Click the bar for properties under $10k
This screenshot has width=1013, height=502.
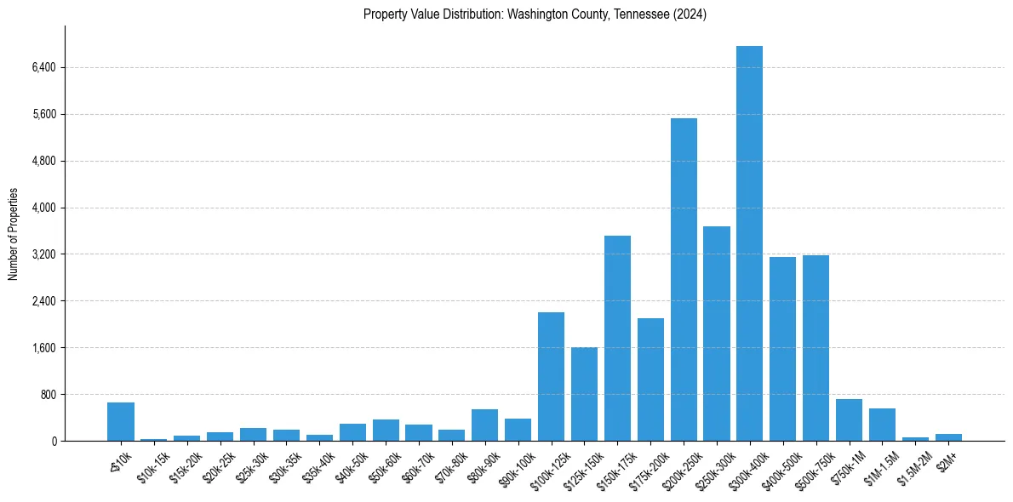(x=121, y=422)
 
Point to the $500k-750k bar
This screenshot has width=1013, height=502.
(x=816, y=348)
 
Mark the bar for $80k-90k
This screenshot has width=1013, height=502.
(x=484, y=425)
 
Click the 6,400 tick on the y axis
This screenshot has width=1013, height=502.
(x=42, y=68)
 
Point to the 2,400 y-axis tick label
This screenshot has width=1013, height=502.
(x=42, y=301)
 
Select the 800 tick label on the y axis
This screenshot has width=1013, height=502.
(x=48, y=395)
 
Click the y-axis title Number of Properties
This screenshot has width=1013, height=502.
(x=14, y=234)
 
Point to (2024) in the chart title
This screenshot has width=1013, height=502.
(x=689, y=14)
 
